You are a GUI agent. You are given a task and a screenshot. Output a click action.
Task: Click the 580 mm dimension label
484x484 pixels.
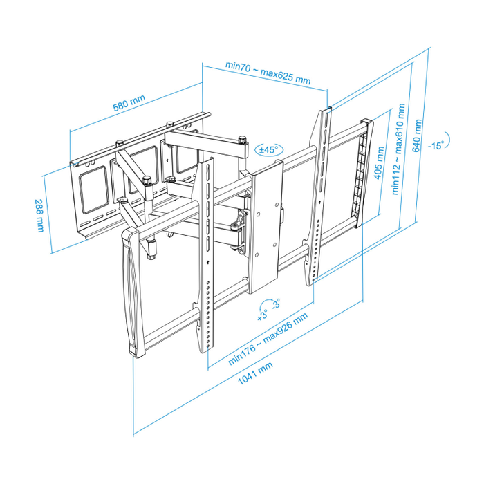(129, 104)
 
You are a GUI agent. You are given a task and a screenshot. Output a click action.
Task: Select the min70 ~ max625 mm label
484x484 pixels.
(268, 71)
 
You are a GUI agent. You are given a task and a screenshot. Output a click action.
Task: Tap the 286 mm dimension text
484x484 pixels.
(40, 216)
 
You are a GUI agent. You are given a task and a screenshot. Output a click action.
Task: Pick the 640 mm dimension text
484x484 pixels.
(418, 136)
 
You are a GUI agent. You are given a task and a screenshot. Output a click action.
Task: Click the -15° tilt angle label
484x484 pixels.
(435, 145)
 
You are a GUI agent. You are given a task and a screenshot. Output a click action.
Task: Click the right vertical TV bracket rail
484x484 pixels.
(319, 197)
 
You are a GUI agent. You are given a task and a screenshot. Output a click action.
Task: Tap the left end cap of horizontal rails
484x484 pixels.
(131, 290)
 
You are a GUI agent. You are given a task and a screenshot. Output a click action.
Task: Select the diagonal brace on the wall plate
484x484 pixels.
(131, 173)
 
